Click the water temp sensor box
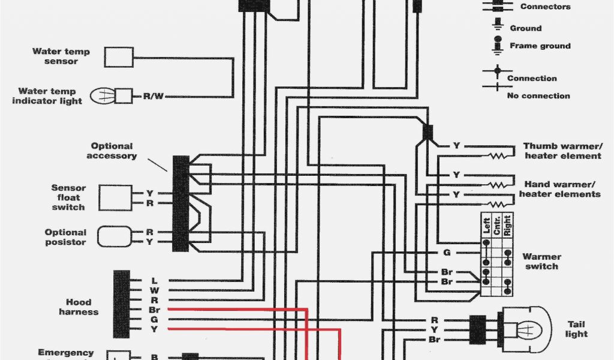click(119, 57)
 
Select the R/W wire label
click(152, 96)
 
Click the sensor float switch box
click(115, 197)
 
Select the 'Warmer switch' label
click(541, 262)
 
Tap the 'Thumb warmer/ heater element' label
click(562, 151)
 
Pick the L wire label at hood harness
click(154, 280)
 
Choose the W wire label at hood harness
click(154, 290)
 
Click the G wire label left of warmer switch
click(447, 253)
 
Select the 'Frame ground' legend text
click(540, 46)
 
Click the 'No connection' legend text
click(538, 95)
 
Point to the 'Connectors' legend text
click(546, 7)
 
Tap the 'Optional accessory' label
click(112, 151)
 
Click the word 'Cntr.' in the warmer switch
click(496, 224)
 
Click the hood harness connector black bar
click(122, 304)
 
